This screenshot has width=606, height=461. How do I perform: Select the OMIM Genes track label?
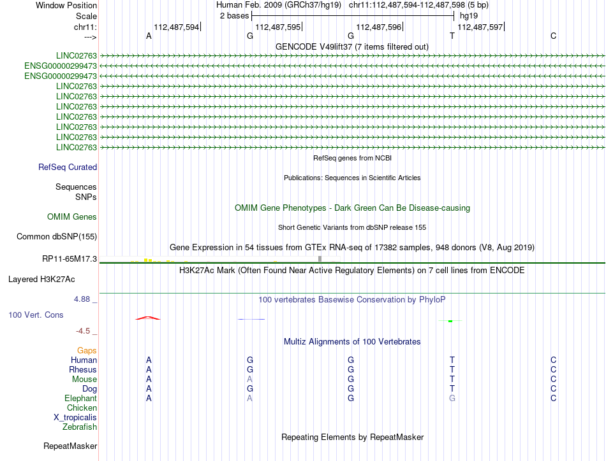click(x=72, y=217)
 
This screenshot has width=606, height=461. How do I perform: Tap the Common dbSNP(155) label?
click(x=57, y=237)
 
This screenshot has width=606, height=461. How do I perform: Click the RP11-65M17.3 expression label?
click(x=68, y=259)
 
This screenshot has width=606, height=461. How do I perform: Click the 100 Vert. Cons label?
click(x=36, y=315)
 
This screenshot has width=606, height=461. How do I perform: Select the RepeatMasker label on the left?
click(x=70, y=446)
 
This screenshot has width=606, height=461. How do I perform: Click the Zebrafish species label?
click(x=80, y=427)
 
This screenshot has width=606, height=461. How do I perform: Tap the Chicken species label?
click(x=82, y=408)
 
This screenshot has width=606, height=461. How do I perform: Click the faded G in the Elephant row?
click(x=452, y=399)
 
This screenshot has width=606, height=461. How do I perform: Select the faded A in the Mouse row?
click(x=250, y=379)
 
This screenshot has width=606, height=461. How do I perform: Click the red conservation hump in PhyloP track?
click(x=147, y=318)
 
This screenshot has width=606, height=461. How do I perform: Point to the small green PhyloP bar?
click(x=450, y=321)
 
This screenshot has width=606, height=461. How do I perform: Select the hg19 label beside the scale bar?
click(x=469, y=15)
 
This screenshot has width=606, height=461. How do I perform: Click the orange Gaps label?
click(x=87, y=351)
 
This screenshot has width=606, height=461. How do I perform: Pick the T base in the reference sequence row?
click(x=452, y=36)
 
